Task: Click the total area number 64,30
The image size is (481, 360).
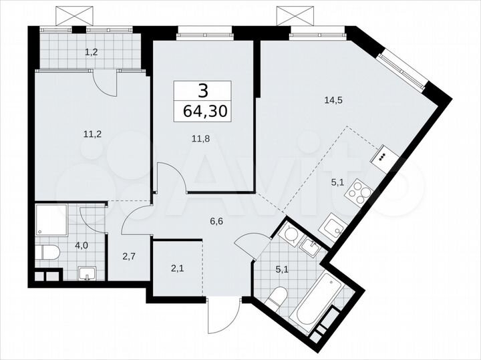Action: (x=202, y=110)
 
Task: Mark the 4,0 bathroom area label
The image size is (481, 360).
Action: (x=81, y=245)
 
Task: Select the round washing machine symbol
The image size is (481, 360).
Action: (x=289, y=234)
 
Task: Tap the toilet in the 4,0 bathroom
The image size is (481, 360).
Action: (x=48, y=252)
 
